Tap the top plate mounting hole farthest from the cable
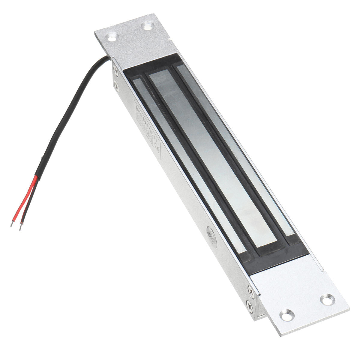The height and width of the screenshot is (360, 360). tap(148, 26)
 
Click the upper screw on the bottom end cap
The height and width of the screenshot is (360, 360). tap(251, 289)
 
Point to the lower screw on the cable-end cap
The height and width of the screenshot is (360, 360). tap(116, 87)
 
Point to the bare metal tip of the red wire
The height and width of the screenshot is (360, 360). tap(12, 224)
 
